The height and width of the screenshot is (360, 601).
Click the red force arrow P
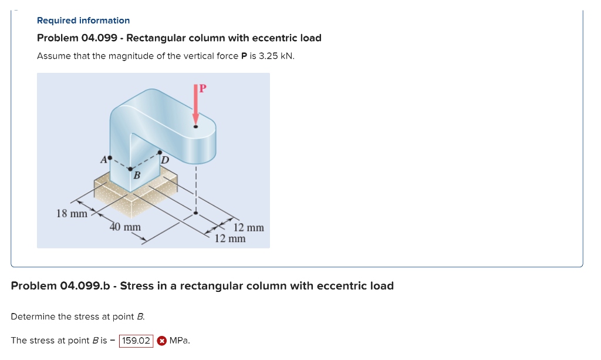click(196, 106)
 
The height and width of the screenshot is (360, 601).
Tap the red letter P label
click(202, 89)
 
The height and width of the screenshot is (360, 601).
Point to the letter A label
click(103, 159)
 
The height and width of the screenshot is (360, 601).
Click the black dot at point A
click(109, 157)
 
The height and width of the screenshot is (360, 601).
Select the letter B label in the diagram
click(136, 175)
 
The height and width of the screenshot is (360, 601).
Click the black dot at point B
click(130, 169)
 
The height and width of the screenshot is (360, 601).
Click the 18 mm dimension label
click(71, 213)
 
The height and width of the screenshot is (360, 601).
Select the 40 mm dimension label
click(125, 227)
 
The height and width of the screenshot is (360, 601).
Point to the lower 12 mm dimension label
click(229, 238)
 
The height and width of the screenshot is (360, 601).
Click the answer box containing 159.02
click(136, 341)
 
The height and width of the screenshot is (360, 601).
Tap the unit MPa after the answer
click(179, 341)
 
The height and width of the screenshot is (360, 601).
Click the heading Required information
click(83, 21)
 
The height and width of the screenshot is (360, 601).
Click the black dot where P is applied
click(196, 126)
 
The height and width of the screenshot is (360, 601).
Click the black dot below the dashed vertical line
click(196, 213)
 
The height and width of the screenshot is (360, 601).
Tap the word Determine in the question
click(33, 317)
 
